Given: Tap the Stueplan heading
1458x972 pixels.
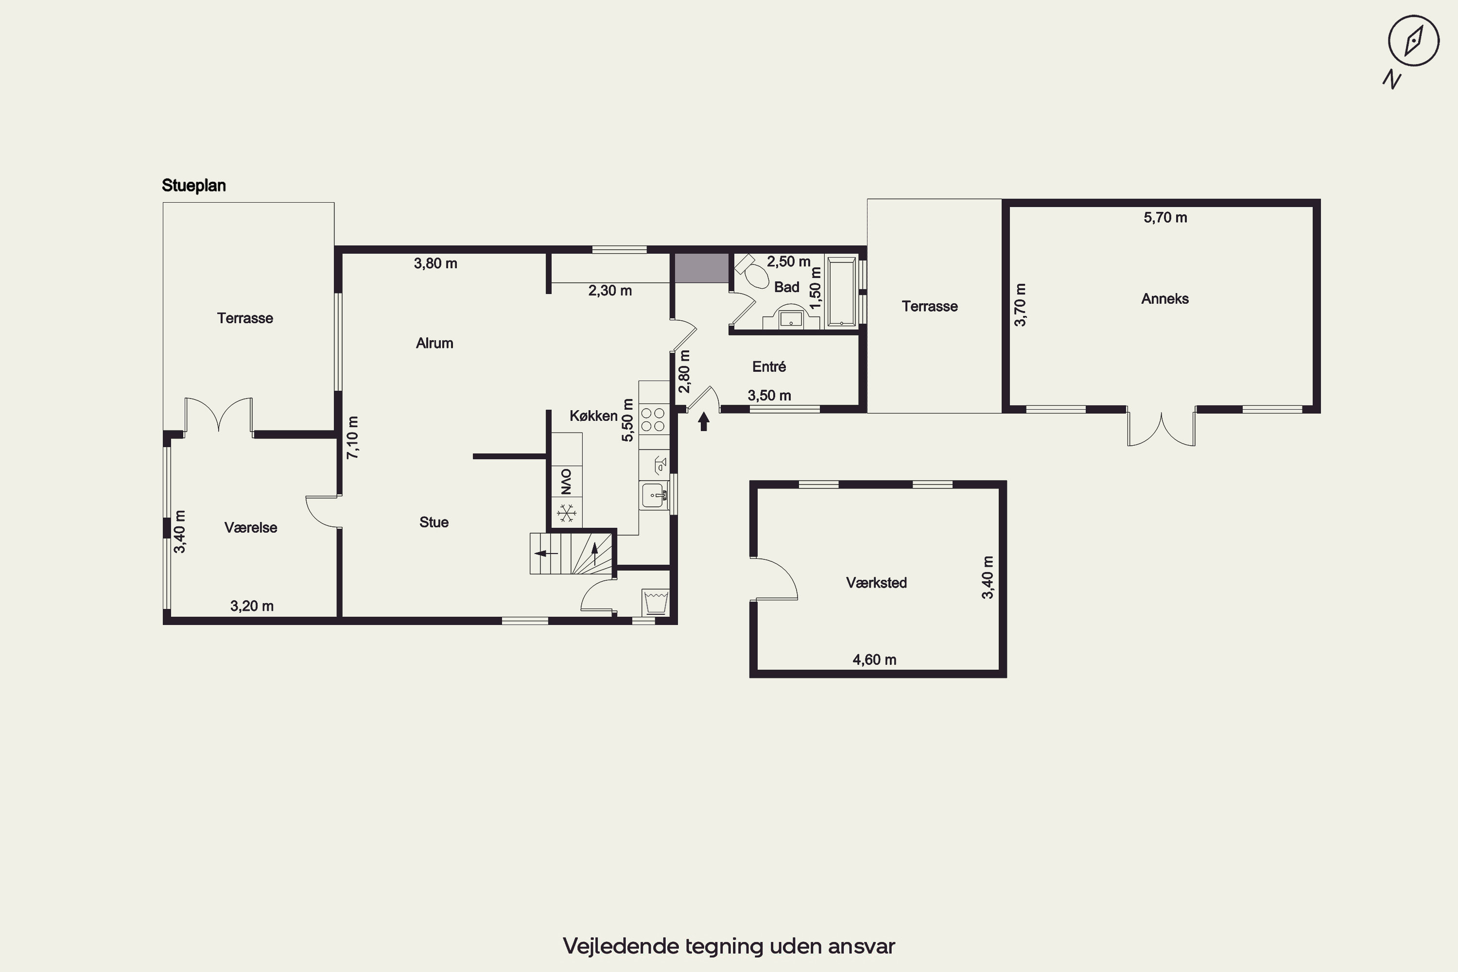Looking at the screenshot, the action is (x=193, y=185).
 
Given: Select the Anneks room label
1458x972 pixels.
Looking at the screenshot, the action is (x=1165, y=299).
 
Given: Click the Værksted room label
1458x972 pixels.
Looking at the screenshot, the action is (x=876, y=583).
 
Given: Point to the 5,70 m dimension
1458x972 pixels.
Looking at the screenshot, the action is (x=1165, y=218).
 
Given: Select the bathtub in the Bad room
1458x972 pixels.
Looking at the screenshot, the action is (x=841, y=291).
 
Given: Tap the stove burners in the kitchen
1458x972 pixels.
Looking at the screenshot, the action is (x=653, y=419).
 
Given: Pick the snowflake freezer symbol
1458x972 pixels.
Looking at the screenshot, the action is (x=566, y=513).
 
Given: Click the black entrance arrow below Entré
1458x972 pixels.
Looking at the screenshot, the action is (x=704, y=421).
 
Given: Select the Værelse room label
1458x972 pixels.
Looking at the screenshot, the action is (x=250, y=527).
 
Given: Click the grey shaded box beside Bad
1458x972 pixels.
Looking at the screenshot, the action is (x=701, y=268).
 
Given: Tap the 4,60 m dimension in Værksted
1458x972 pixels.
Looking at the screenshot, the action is (x=874, y=660).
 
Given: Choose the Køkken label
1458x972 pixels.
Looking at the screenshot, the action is (x=593, y=416).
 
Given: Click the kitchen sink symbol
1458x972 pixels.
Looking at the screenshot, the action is (x=654, y=496).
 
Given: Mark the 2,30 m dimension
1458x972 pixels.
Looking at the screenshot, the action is (x=610, y=291).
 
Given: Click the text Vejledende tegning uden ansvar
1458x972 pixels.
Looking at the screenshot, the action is (x=729, y=946).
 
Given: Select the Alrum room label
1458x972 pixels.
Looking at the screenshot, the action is (x=434, y=344).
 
